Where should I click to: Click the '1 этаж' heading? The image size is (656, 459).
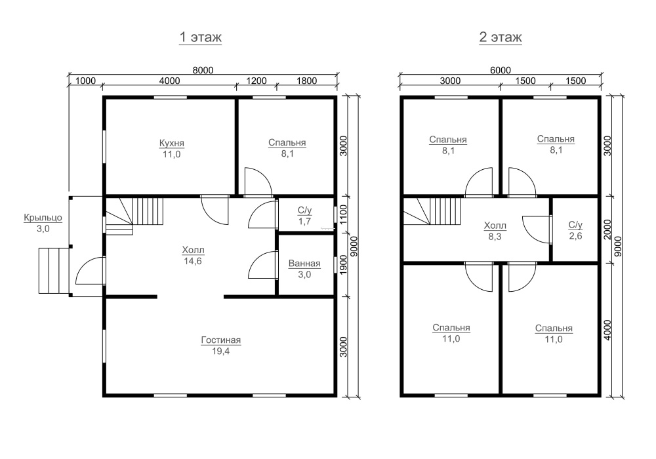(x=200, y=37)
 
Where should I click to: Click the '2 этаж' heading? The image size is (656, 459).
(x=501, y=37)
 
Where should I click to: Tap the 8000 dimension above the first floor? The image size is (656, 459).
(x=203, y=70)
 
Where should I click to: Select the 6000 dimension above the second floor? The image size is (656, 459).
(x=501, y=70)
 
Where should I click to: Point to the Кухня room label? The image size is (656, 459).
(x=171, y=143)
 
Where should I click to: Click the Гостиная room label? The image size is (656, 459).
(x=221, y=340)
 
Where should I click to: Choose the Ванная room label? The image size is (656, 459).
(x=304, y=264)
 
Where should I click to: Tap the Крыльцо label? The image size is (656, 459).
(x=43, y=218)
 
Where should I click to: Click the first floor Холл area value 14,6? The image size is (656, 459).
(x=193, y=261)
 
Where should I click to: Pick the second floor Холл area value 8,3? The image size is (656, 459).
(x=495, y=237)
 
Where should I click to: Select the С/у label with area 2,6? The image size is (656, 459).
(x=575, y=225)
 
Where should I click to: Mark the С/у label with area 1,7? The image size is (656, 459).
(x=304, y=210)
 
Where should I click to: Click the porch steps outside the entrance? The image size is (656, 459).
(x=54, y=270)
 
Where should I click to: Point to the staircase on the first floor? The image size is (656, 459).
(x=134, y=216)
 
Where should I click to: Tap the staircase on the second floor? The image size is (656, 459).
(x=432, y=212)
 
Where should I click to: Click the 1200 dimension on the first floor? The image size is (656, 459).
(x=256, y=81)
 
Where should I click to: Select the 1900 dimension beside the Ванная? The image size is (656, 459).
(x=344, y=265)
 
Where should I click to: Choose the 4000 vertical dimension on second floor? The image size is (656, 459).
(x=607, y=330)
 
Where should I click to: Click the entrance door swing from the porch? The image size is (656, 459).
(x=90, y=271)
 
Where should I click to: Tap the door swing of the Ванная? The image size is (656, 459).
(x=263, y=265)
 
